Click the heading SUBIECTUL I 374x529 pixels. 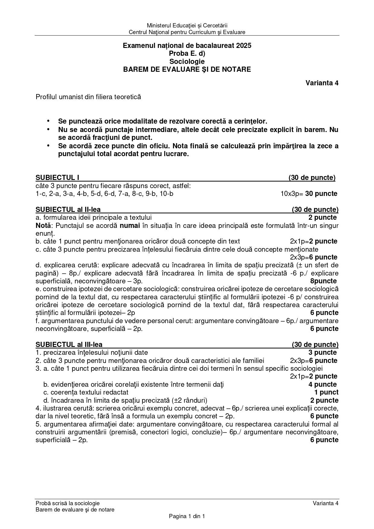point(57,178)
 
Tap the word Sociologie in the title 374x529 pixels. point(187,61)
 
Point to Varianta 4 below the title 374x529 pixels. point(322,83)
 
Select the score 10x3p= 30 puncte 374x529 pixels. point(309,194)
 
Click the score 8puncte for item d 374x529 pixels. point(323,281)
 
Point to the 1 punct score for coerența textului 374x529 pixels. point(326,392)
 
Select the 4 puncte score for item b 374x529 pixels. point(322,384)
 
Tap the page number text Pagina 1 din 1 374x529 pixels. point(187,516)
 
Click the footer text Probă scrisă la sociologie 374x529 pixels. point(68,503)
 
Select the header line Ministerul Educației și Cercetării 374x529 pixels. point(187,26)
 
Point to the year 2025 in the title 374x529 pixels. point(244,46)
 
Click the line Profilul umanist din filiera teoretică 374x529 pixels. point(88,97)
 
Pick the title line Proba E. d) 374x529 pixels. point(187,54)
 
